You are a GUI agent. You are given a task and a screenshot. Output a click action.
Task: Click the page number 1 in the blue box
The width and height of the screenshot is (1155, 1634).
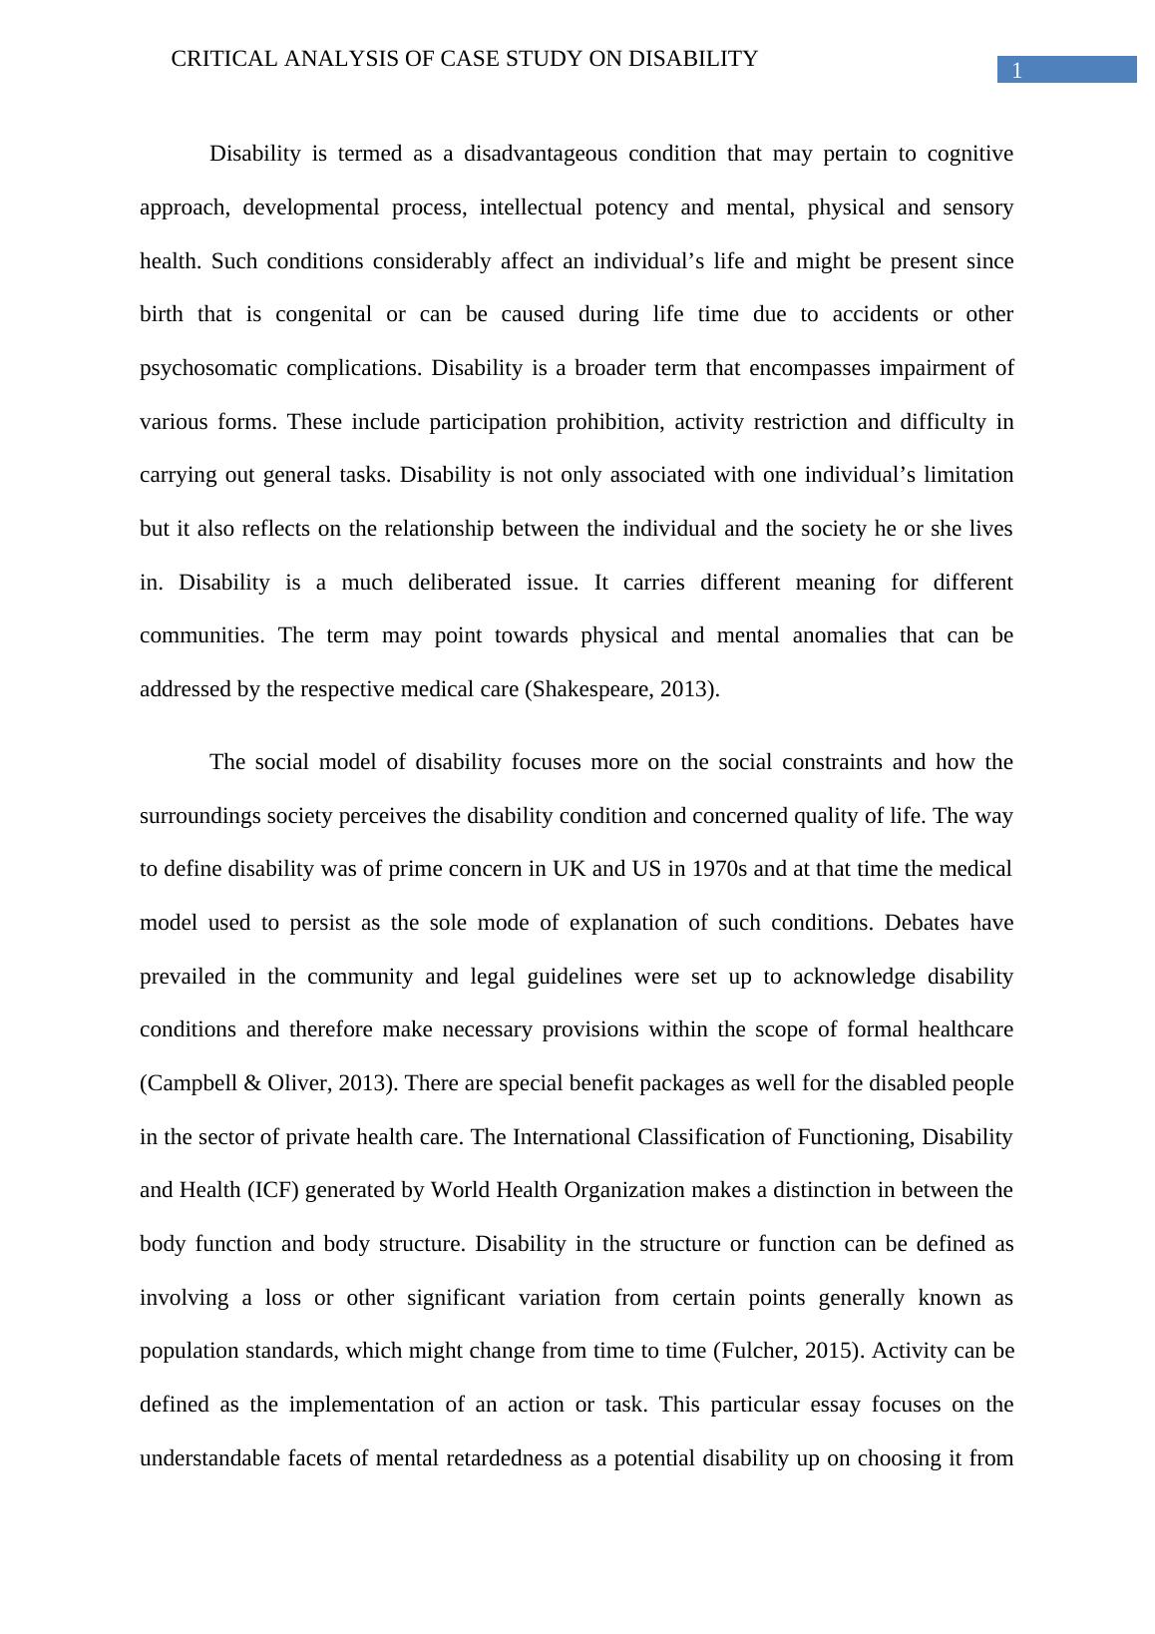coord(1016,70)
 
